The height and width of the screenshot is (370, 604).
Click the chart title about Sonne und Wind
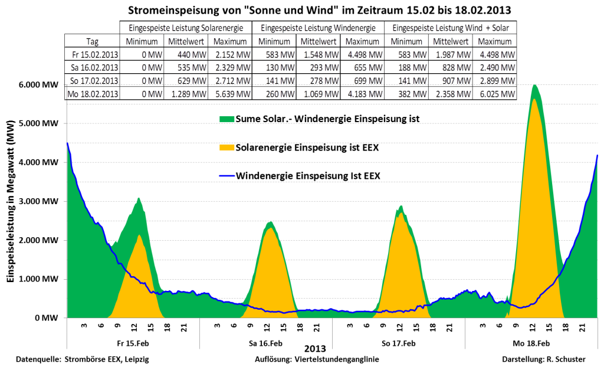(302, 10)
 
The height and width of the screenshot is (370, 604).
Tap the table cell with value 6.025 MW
(497, 94)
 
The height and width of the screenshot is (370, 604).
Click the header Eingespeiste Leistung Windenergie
(318, 28)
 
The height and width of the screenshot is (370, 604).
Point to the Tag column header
(92, 41)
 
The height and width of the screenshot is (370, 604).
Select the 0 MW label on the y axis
(50, 318)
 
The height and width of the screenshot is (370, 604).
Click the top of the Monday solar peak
(534, 99)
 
